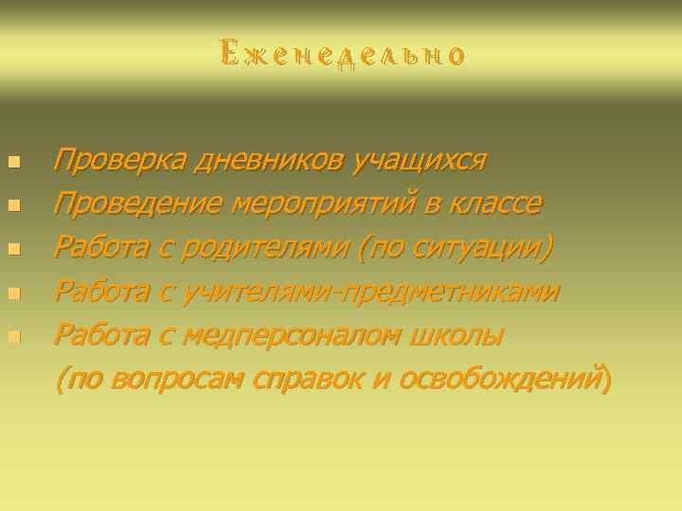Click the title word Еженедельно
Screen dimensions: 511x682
tap(342, 53)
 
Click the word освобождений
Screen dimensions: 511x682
tap(501, 379)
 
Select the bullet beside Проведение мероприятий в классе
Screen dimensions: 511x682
tap(13, 205)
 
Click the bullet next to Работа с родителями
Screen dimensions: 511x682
tap(13, 249)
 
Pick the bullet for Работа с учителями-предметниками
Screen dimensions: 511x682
tap(13, 292)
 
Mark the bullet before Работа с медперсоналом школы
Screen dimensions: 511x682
tap(13, 336)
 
